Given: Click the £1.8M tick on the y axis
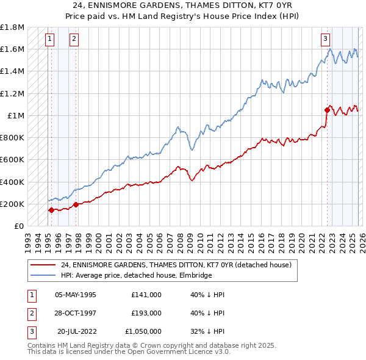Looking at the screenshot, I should pos(12,27).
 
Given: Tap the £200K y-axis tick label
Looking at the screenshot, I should pos(12,204).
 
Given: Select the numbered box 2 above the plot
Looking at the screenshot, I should pos(73,38).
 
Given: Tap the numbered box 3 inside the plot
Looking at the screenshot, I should pos(326,38).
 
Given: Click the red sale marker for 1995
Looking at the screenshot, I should pos(51,210).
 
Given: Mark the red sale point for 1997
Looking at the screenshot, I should pos(76,205).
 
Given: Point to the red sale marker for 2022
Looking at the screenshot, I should pos(326,110).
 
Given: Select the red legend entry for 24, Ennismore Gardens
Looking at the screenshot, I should pos(176,265).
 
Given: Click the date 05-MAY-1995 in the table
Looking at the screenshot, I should pos(76,294).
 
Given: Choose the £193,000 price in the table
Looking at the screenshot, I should pos(146,313).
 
